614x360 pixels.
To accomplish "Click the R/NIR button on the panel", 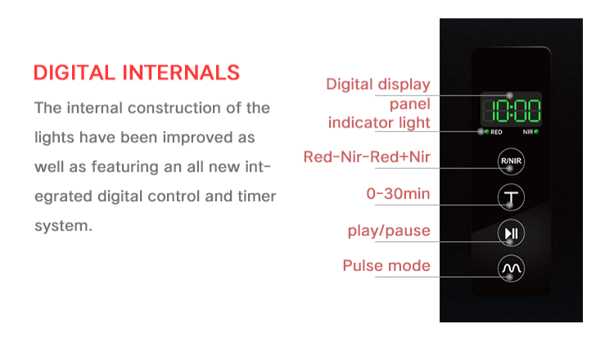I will pyautogui.click(x=511, y=161).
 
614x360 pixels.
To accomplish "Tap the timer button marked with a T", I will pyautogui.click(x=511, y=198).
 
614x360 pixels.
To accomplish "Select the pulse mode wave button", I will pyautogui.click(x=511, y=268).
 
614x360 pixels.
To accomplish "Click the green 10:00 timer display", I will pyautogui.click(x=511, y=110).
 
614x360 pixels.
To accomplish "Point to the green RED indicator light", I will pyautogui.click(x=486, y=132).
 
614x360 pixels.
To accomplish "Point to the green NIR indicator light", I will pyautogui.click(x=536, y=132).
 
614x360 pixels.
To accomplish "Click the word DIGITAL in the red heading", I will pyautogui.click(x=74, y=72).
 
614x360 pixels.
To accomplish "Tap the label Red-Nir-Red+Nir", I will pyautogui.click(x=367, y=157).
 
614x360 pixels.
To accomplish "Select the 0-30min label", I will pyautogui.click(x=398, y=195).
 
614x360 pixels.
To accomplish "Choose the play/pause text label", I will pyautogui.click(x=389, y=231).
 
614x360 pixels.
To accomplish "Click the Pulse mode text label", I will pyautogui.click(x=386, y=266).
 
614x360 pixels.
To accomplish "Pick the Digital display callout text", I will pyautogui.click(x=378, y=84).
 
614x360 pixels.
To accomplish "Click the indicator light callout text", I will pyautogui.click(x=379, y=123).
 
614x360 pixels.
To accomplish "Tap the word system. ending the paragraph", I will pyautogui.click(x=62, y=225).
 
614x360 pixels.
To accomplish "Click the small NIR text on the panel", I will pyautogui.click(x=528, y=132).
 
